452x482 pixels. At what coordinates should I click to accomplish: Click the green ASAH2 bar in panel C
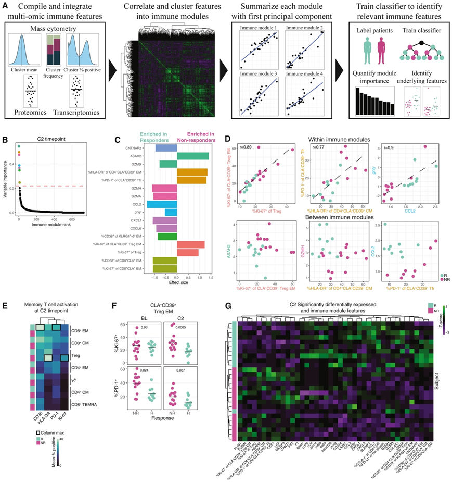tap(193, 156)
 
